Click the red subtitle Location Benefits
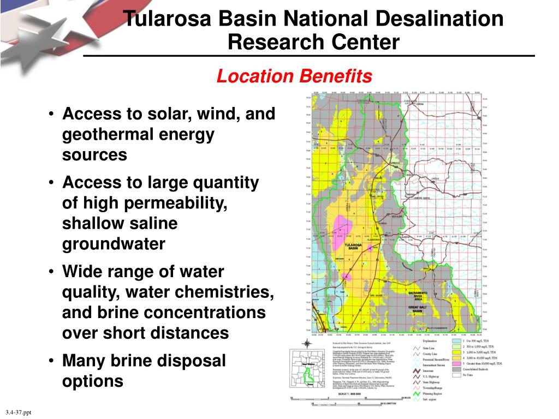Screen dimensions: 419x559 tap(294, 76)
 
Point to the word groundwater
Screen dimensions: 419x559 tap(114, 243)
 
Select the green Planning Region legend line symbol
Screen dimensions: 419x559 tap(418, 393)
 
